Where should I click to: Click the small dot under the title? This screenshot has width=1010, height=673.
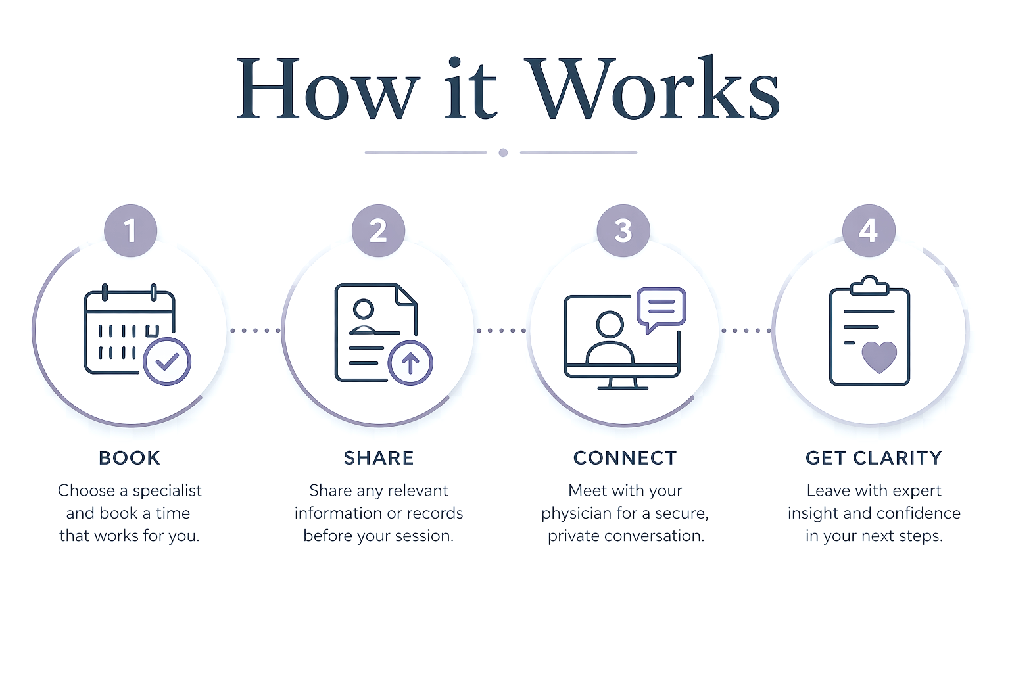(503, 152)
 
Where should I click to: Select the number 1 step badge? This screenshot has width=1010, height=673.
(130, 230)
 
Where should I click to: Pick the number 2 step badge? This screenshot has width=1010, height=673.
(378, 230)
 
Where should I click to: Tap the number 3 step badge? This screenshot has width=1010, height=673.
(623, 230)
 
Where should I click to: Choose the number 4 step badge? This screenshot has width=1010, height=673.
(869, 230)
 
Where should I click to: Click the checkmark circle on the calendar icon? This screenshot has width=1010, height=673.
(167, 361)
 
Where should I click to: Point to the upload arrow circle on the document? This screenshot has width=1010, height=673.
(410, 362)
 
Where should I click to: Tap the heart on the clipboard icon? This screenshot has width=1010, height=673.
(879, 357)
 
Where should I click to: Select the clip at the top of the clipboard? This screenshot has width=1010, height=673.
(869, 286)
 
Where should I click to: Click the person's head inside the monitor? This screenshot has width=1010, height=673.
(610, 325)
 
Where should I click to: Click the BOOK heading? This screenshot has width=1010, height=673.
(130, 458)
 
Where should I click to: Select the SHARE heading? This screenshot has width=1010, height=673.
(379, 458)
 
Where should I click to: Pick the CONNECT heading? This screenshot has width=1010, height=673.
(625, 458)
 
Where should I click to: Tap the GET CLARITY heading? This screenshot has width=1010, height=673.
(874, 458)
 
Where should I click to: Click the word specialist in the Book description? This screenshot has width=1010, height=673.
(167, 491)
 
